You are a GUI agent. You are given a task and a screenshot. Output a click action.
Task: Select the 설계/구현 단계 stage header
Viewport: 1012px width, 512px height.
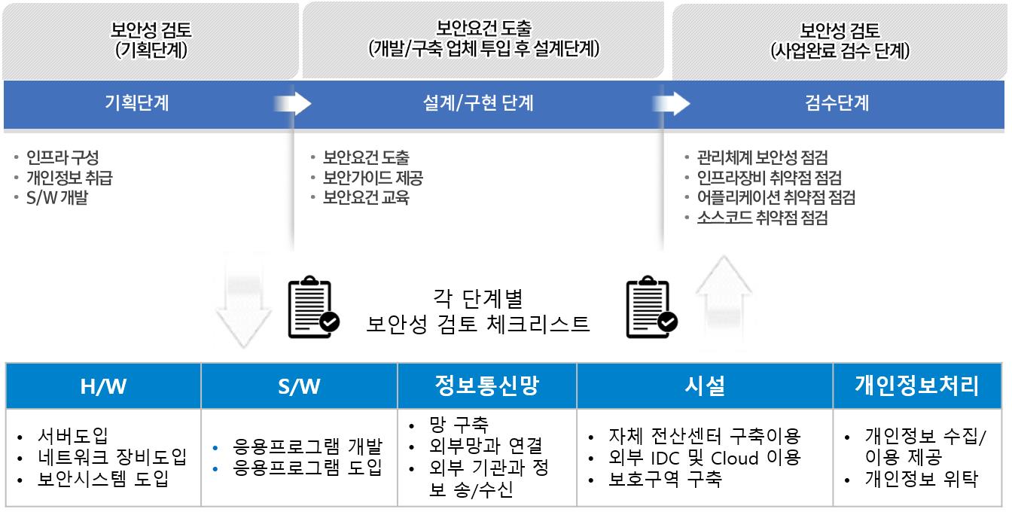pos(478,103)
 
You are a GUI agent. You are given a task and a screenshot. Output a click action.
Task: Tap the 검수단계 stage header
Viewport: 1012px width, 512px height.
pos(837,103)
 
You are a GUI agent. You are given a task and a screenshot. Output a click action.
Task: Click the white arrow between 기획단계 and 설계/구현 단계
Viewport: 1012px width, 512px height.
pos(293,103)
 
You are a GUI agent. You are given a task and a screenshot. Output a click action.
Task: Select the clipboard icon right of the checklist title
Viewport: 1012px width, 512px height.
pos(651,309)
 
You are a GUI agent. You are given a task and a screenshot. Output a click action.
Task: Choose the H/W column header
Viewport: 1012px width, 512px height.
pos(103,386)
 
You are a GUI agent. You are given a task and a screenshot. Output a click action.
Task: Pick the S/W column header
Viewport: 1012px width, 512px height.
pos(299,386)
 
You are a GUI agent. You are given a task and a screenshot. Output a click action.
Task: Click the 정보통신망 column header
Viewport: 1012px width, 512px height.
pos(486,386)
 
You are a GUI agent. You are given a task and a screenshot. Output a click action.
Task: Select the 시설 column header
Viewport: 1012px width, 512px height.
pos(705,386)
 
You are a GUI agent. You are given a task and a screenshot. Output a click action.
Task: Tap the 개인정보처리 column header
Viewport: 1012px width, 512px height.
pos(916,386)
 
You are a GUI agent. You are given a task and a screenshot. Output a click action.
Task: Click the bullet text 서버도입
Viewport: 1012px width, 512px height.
pos(73,435)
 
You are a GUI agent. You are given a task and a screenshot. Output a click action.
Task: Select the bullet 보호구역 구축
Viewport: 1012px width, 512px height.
pos(665,479)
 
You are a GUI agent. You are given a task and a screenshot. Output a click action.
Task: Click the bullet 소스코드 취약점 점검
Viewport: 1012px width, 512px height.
pos(762,218)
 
